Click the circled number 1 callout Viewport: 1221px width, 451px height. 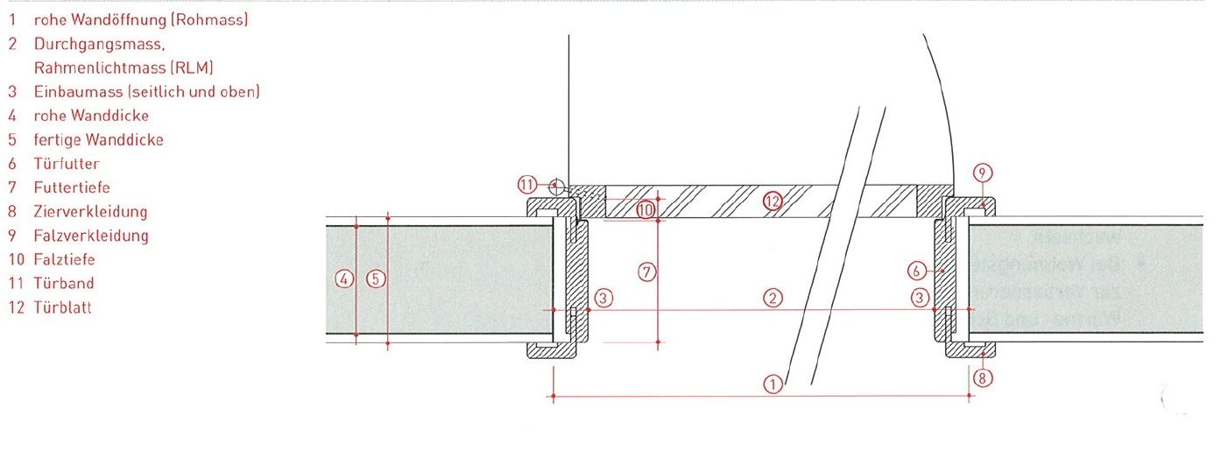(772, 383)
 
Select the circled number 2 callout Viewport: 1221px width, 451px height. (772, 298)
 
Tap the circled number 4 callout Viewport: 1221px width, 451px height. (344, 279)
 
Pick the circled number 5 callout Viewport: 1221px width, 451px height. (375, 279)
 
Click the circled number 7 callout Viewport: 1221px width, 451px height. (646, 271)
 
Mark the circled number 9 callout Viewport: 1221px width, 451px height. (984, 173)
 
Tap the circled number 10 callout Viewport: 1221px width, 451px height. (646, 210)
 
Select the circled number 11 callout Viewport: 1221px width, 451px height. (527, 185)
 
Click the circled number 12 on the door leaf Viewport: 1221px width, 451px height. (771, 201)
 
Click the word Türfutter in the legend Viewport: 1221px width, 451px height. (67, 164)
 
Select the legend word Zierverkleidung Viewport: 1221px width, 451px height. (90, 212)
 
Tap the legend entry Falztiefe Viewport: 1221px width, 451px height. (65, 260)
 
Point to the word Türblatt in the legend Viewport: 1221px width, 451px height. (63, 308)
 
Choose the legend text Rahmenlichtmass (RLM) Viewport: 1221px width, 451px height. (124, 67)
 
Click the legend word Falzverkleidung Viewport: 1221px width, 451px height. (91, 236)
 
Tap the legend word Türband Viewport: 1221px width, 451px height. (64, 284)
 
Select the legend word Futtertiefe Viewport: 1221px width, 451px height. (72, 187)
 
